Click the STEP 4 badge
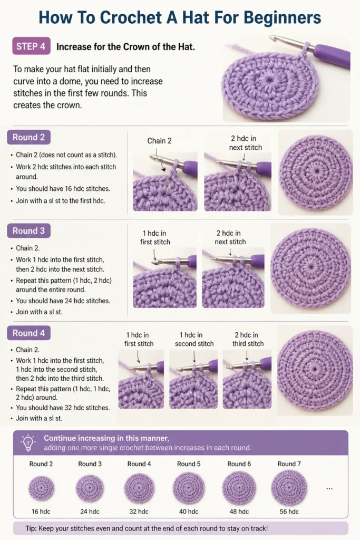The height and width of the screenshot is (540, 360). (x=31, y=46)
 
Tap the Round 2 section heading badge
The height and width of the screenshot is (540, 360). (x=28, y=138)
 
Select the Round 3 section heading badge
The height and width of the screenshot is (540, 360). (x=28, y=231)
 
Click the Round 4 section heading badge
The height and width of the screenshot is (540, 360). (x=28, y=333)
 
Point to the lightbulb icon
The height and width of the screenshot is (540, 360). (x=28, y=443)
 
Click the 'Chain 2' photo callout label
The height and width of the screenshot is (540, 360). (x=159, y=141)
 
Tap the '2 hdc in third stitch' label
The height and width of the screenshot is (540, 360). (x=248, y=339)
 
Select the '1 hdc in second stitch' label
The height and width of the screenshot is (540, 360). (x=194, y=339)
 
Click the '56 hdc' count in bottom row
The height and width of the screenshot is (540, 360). (x=289, y=512)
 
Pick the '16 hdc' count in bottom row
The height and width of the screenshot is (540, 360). (x=41, y=512)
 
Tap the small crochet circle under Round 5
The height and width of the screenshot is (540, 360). (x=189, y=488)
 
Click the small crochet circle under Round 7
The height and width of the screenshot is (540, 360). (x=289, y=488)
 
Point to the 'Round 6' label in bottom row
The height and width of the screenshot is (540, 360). (x=239, y=464)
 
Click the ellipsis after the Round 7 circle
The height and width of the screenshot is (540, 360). (x=329, y=488)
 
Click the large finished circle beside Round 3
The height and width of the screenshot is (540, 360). (x=311, y=268)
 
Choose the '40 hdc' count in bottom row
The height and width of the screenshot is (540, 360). (x=189, y=512)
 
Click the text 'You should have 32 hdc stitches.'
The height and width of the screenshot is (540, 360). (x=63, y=408)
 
